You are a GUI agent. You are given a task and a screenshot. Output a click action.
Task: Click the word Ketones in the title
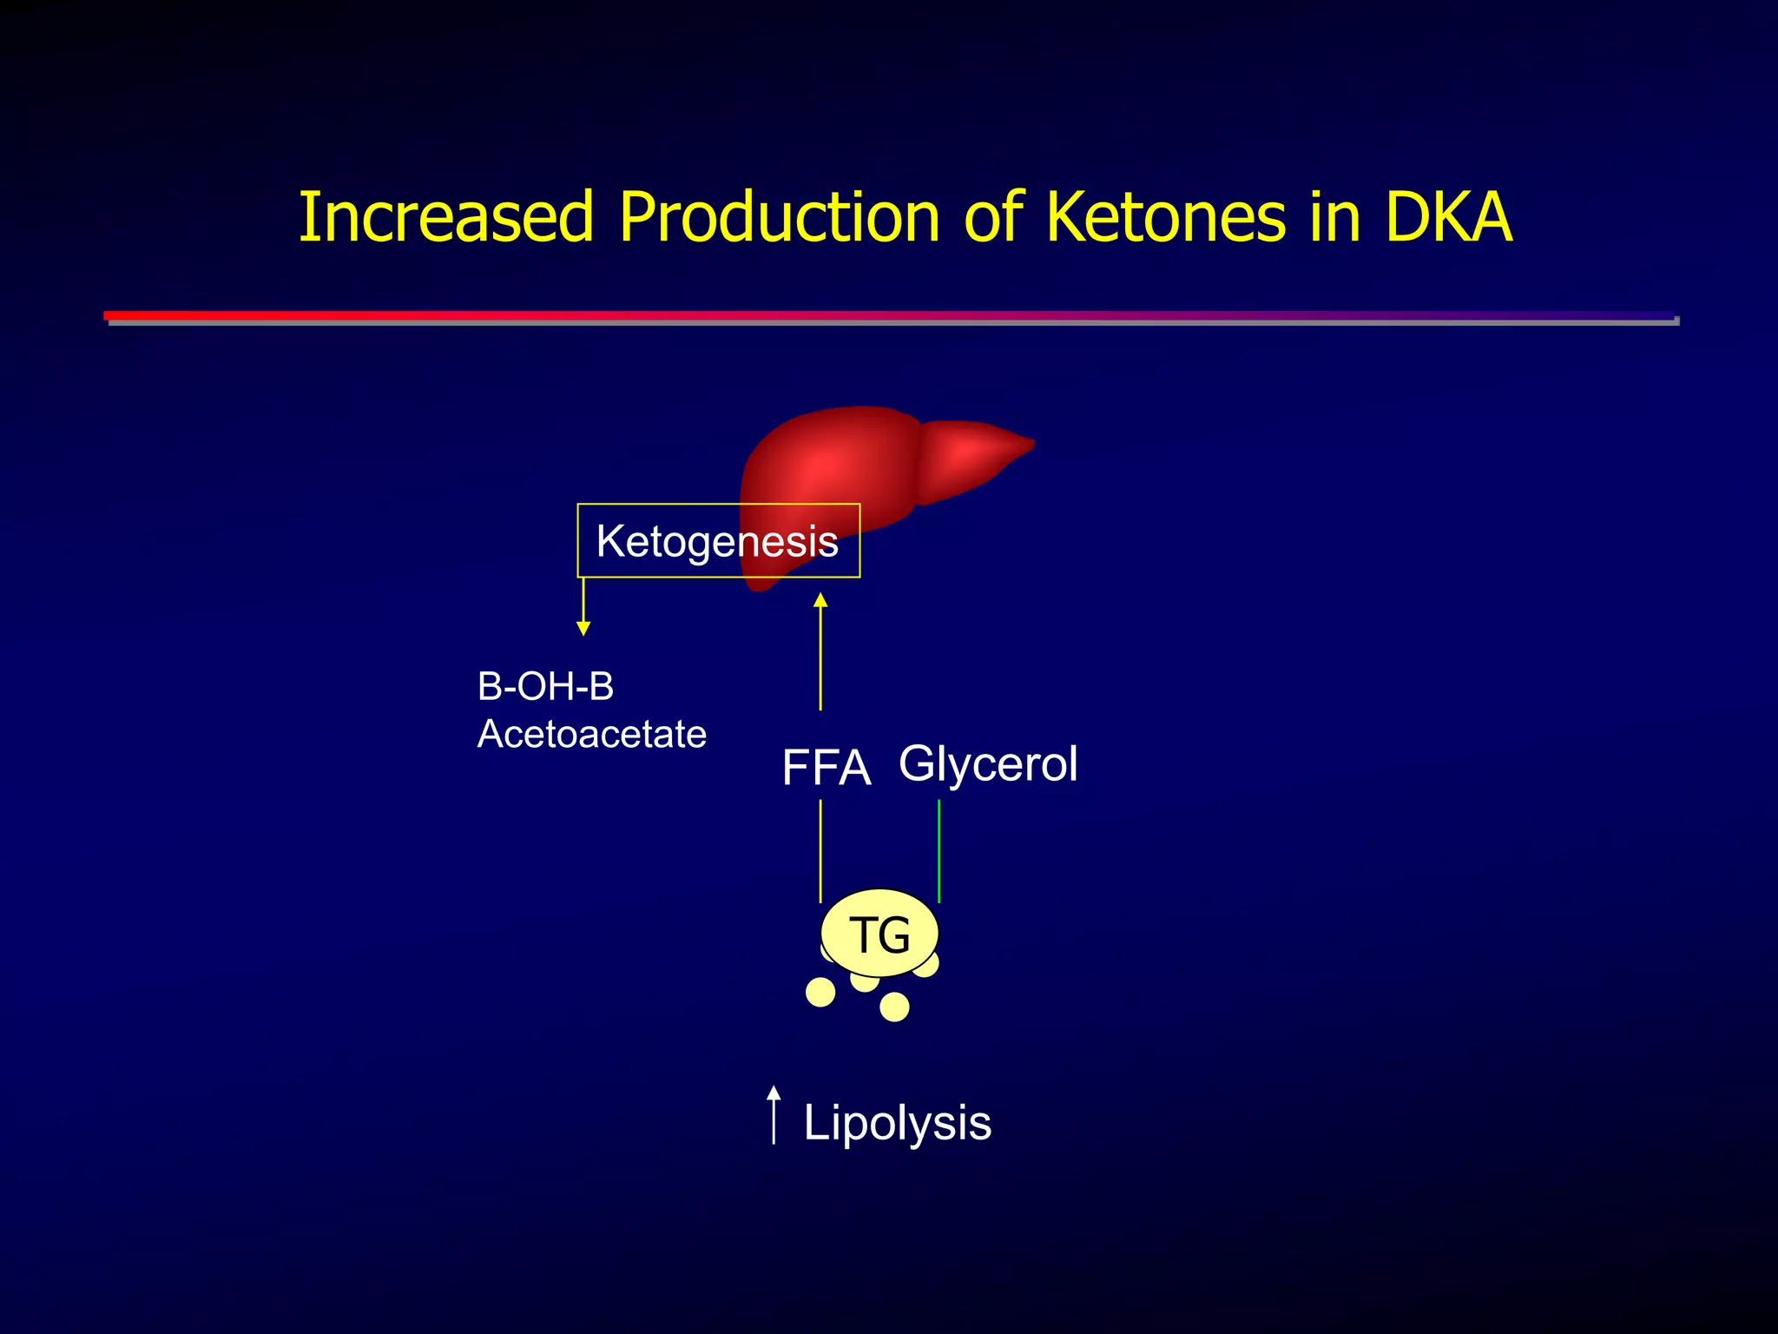[1165, 217]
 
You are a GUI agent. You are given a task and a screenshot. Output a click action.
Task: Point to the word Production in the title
[779, 217]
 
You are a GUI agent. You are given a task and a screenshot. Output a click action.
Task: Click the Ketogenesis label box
[718, 541]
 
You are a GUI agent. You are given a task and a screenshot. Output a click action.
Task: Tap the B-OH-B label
[545, 687]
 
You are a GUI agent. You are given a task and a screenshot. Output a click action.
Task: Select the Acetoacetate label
[591, 735]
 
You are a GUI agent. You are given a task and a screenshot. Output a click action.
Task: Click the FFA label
[826, 768]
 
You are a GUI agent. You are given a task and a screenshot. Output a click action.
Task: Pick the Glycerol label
[988, 764]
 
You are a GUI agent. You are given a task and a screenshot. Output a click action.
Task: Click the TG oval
[879, 934]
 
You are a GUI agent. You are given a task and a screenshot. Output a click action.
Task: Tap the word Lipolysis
[897, 1123]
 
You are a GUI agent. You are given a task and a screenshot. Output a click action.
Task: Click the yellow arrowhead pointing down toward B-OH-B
[583, 627]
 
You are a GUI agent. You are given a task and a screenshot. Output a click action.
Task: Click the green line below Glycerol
[939, 851]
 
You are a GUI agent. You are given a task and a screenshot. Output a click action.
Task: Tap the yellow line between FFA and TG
[820, 851]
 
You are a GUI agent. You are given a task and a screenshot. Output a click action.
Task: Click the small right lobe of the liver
[972, 456]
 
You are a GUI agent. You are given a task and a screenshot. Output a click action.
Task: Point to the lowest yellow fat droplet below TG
[894, 1007]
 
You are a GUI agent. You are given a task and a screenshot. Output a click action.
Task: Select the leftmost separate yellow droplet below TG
[820, 992]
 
